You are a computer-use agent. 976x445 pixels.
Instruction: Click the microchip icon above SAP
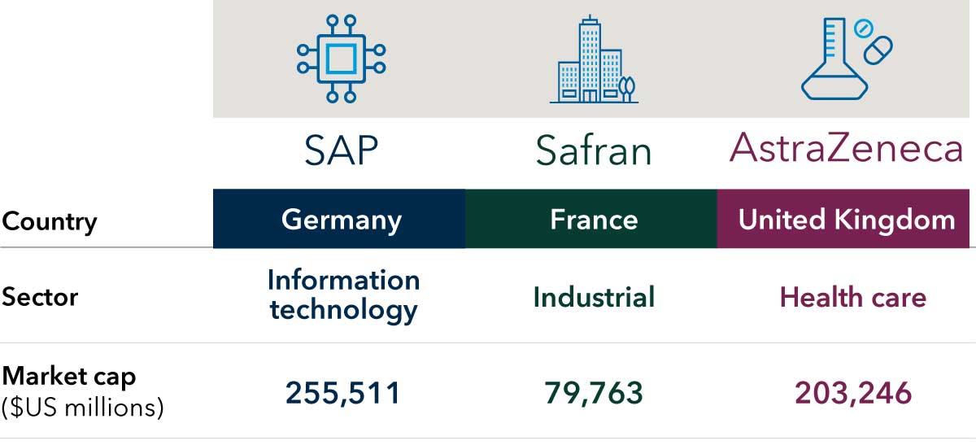[x=342, y=59]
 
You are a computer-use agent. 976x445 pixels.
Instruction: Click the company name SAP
[x=342, y=151]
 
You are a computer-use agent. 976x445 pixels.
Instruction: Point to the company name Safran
[x=594, y=151]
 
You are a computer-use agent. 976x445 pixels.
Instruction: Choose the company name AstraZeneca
[x=847, y=149]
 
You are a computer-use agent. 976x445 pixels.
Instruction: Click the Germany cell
[x=342, y=220]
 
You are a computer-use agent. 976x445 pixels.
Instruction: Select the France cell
[x=594, y=220]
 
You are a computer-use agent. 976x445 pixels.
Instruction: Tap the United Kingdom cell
[x=847, y=220]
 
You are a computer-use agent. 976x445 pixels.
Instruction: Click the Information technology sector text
[x=343, y=294]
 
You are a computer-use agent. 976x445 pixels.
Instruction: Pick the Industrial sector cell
[x=594, y=297]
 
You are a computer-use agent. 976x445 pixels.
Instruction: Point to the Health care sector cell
[x=852, y=297]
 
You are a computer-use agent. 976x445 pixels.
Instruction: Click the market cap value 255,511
[x=343, y=394]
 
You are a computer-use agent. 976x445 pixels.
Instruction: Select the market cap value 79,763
[x=594, y=394]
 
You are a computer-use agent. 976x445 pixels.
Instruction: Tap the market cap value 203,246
[x=853, y=394]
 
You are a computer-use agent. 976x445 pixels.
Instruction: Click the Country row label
[x=50, y=221]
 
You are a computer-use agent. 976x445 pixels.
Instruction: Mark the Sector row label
[x=40, y=297]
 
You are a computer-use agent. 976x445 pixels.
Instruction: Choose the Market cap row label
[x=69, y=377]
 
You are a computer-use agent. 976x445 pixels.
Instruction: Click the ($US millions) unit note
[x=82, y=406]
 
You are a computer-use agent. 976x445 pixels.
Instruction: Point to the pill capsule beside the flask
[x=877, y=50]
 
